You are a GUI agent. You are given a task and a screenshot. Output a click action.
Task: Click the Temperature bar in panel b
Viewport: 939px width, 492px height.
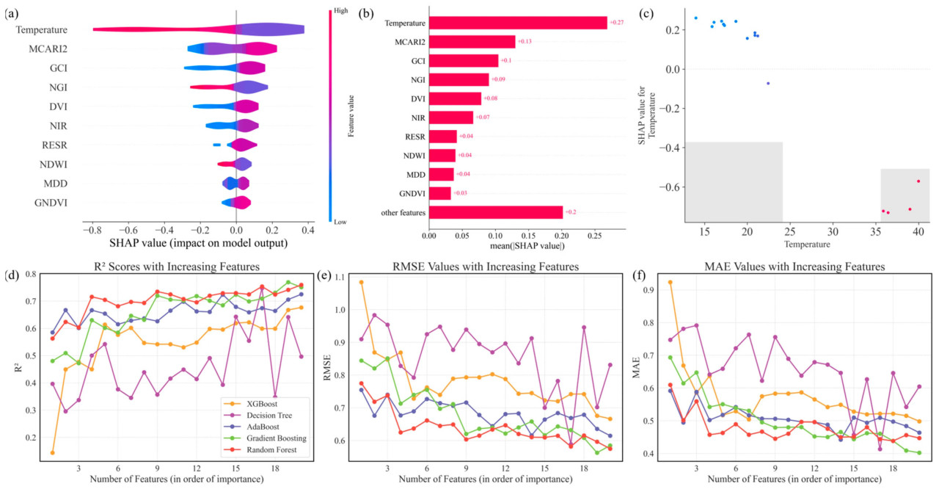point(517,23)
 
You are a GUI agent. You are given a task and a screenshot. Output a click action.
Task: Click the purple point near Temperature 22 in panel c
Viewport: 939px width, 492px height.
point(768,83)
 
